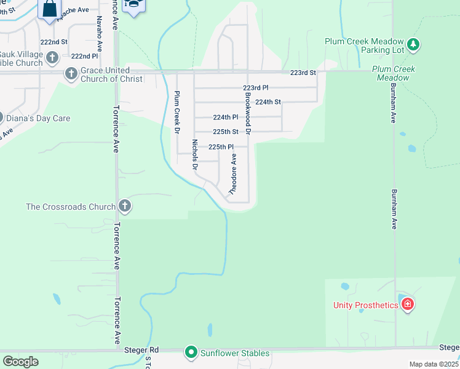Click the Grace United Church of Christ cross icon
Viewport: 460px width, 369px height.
click(x=71, y=74)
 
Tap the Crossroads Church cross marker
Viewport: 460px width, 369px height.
click(x=125, y=206)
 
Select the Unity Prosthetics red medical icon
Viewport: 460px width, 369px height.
click(x=408, y=304)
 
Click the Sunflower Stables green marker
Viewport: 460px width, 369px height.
click(x=191, y=352)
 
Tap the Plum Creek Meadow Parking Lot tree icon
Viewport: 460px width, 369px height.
click(x=414, y=45)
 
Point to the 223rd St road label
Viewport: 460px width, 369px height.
click(x=303, y=73)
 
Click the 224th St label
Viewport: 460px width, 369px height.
click(x=268, y=102)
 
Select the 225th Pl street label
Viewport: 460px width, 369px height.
click(x=221, y=147)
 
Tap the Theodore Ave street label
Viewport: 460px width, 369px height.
click(x=233, y=175)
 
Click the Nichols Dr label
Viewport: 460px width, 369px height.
click(x=194, y=154)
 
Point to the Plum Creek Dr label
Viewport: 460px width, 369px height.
click(x=177, y=113)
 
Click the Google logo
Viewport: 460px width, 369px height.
click(x=20, y=362)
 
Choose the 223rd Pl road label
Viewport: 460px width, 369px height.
click(x=256, y=88)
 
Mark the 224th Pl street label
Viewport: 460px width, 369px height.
click(x=225, y=117)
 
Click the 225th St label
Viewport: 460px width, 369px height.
click(x=226, y=132)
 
